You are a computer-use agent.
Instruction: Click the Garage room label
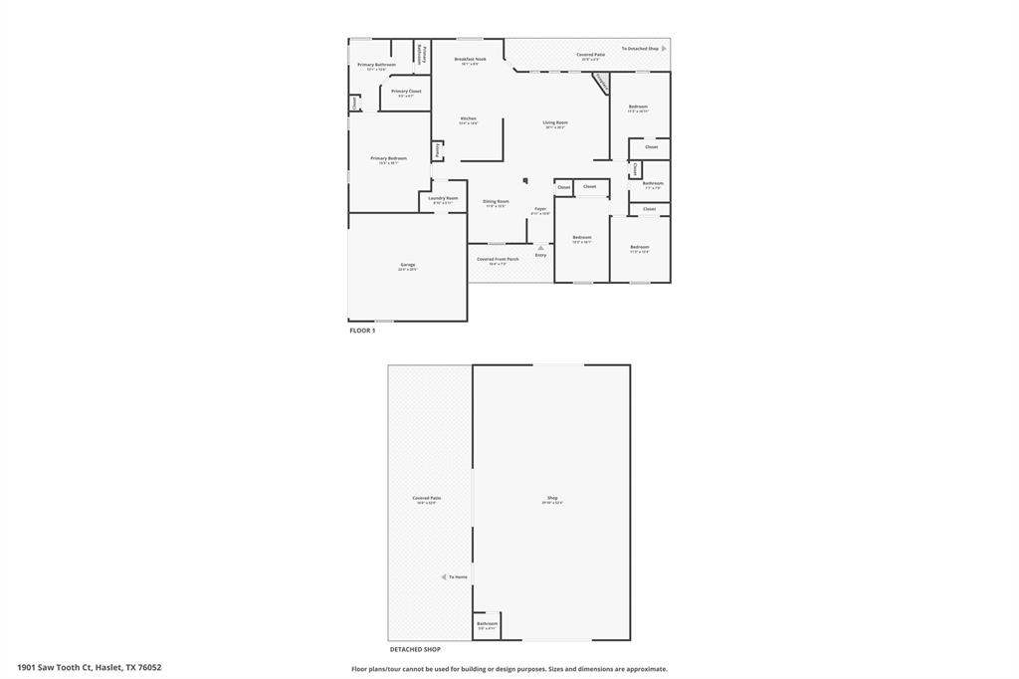(408, 265)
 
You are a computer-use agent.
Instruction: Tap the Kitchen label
(468, 118)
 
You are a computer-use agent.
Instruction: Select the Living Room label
(555, 122)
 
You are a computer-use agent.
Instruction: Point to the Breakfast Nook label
(470, 59)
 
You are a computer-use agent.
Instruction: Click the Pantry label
(437, 150)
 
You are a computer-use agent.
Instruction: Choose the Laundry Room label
(443, 198)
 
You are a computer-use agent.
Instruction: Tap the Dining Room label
(496, 202)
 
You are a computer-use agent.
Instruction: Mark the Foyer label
(540, 209)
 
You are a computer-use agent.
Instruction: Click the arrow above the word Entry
(540, 248)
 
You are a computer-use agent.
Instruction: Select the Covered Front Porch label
(498, 259)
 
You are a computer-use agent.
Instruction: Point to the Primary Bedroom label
(388, 158)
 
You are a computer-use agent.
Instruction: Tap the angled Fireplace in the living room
(600, 83)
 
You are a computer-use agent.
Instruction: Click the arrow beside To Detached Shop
(664, 48)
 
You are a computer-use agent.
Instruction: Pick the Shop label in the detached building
(552, 498)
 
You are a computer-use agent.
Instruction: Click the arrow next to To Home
(444, 576)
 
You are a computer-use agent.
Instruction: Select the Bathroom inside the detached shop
(487, 624)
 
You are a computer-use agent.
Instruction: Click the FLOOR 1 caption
(362, 331)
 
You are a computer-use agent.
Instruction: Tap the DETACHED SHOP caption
(415, 649)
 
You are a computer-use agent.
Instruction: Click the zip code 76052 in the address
(149, 667)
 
